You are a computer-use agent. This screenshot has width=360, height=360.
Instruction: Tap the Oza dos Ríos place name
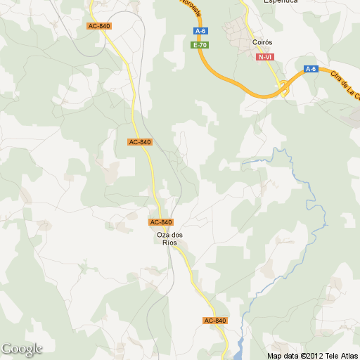169,238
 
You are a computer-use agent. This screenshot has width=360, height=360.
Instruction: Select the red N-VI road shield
265,57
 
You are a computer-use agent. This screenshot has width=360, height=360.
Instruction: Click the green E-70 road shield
200,45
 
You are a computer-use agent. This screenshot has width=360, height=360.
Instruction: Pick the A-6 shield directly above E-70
200,31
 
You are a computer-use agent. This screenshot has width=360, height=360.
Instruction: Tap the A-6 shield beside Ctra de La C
311,69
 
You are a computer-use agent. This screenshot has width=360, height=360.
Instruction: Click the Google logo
22,349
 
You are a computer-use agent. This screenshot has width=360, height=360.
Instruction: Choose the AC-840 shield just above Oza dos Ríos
160,222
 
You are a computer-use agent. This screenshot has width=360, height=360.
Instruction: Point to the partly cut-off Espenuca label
261,2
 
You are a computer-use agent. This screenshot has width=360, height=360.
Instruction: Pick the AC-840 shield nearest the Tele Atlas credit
215,321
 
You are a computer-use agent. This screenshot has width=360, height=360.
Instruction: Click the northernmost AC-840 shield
99,26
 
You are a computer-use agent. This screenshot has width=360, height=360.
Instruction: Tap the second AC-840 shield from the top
140,142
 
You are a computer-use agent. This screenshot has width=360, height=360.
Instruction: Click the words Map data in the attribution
283,355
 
